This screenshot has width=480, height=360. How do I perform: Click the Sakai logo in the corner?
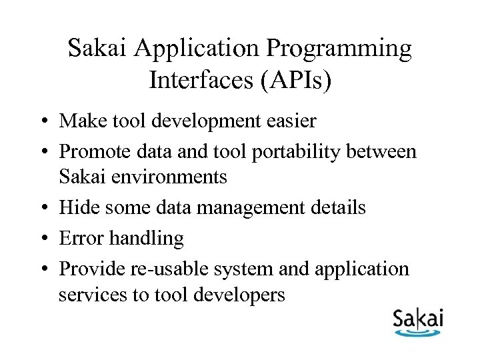[417, 323]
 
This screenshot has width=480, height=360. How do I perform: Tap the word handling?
[143, 237]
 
